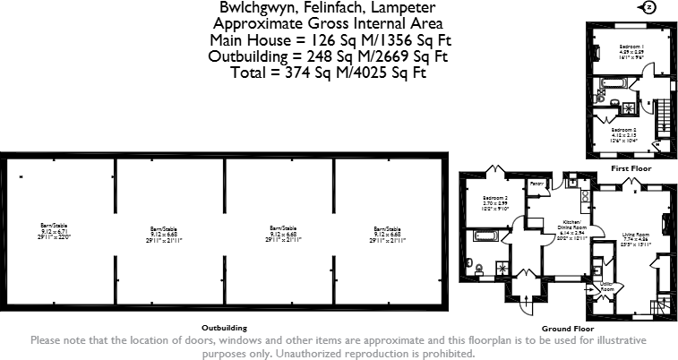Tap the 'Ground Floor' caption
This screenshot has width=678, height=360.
click(x=561, y=328)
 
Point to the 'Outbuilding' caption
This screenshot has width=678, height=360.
click(x=224, y=328)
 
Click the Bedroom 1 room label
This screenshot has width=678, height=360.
click(x=632, y=49)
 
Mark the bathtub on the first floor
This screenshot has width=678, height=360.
click(x=611, y=84)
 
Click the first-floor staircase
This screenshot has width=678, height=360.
click(x=663, y=116)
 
